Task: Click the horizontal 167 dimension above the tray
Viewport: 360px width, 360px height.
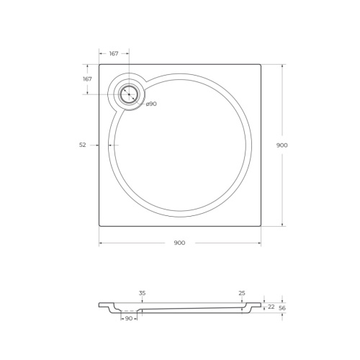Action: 114,53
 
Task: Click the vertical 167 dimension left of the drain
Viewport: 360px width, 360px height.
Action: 87,78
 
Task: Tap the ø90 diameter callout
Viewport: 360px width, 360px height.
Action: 151,104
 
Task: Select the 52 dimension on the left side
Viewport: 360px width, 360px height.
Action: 83,145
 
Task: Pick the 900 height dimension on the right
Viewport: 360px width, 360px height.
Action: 282,145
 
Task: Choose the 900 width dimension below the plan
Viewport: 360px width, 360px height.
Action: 179,243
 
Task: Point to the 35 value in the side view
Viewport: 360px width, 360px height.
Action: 142,293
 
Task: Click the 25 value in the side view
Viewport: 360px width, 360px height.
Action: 241,293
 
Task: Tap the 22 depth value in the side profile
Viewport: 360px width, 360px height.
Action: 271,307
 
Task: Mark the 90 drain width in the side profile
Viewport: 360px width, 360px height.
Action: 130,318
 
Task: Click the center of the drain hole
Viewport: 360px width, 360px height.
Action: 130,94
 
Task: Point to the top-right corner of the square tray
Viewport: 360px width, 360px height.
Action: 261,64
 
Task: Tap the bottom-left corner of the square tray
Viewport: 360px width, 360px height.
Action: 99,226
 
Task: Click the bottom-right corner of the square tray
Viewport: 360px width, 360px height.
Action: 261,226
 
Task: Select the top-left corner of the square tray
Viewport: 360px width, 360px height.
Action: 99,64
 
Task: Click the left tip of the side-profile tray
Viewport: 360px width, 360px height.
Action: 99,305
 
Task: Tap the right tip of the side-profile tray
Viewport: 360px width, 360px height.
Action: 261,304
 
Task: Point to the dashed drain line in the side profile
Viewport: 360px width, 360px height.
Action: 130,310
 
